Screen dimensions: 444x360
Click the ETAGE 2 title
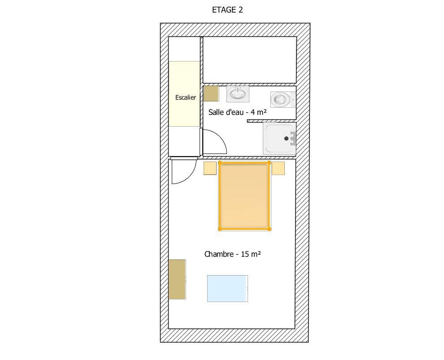pos(227,10)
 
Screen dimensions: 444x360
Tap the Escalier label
pos(186,97)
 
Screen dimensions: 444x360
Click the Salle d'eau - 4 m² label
pos(238,112)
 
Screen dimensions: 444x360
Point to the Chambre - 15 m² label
pos(232,254)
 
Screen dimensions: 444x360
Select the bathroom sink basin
pos(238,93)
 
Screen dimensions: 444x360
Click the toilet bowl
pos(280,100)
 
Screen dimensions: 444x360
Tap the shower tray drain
pos(286,138)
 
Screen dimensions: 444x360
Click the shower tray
pos(279,138)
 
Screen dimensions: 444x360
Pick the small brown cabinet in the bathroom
pos(211,93)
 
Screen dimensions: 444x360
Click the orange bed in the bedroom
pos(245,196)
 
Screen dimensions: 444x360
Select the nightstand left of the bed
pos(210,168)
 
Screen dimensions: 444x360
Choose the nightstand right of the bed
pos(279,168)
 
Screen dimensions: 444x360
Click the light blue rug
pos(227,289)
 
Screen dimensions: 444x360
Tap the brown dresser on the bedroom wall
pos(177,279)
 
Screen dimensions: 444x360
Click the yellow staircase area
pos(185,93)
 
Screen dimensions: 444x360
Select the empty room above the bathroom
pos(250,60)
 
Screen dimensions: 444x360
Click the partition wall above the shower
pos(271,121)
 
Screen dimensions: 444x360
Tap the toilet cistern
pos(293,100)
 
